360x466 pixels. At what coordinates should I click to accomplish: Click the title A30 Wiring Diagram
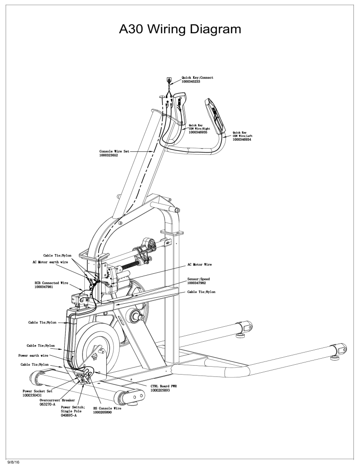click(x=180, y=30)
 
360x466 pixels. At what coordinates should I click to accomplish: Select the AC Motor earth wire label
click(x=50, y=262)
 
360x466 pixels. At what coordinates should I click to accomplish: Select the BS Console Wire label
click(x=107, y=408)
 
